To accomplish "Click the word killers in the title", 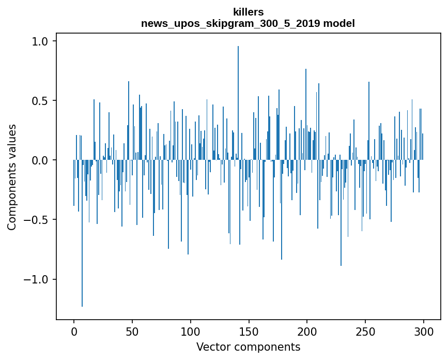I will (248, 11).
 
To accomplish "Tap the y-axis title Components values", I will (11, 177).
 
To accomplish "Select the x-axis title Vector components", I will (248, 347).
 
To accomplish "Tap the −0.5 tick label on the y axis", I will (39, 220).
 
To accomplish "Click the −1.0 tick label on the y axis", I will (39, 279).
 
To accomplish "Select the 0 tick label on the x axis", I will (74, 331).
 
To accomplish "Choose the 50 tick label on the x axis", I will (132, 331).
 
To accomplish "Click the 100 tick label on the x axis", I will (191, 331).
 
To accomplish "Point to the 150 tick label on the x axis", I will (249, 331).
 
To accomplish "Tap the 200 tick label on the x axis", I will (307, 331).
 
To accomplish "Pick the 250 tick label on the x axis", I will (366, 331).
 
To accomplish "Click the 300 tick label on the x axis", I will (424, 331).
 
